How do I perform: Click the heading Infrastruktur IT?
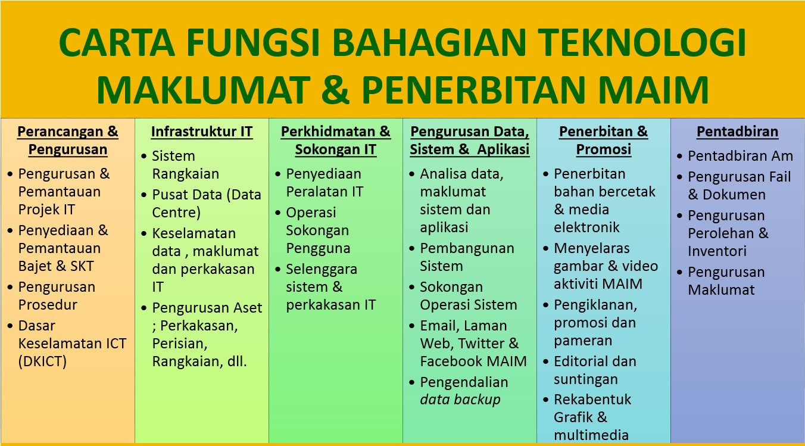pyautogui.click(x=202, y=132)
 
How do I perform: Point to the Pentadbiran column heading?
pyautogui.click(x=737, y=132)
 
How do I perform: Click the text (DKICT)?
pyautogui.click(x=42, y=361)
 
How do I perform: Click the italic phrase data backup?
pyautogui.click(x=460, y=400)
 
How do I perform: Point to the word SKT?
pyautogui.click(x=81, y=266)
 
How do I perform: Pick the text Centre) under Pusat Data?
pyautogui.click(x=176, y=213)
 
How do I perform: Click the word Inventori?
pyautogui.click(x=717, y=251)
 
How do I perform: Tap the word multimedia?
pyautogui.click(x=591, y=435)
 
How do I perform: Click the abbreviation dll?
pyautogui.click(x=236, y=361)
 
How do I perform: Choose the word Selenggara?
pyautogui.click(x=322, y=269)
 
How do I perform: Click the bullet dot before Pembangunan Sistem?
pyautogui.click(x=413, y=249)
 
